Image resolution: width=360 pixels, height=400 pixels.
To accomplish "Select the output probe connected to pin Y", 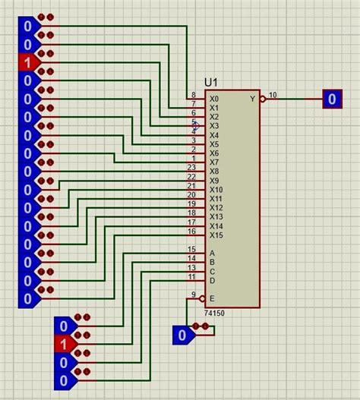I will click(332, 99).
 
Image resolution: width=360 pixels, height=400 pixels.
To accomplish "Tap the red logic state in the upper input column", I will click(27, 62).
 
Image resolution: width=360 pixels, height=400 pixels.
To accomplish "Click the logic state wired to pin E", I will click(182, 335).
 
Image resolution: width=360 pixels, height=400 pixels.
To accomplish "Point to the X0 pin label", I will click(214, 99).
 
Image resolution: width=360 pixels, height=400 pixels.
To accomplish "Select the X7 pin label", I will click(214, 162).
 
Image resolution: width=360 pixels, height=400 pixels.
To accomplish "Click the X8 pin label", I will click(214, 172).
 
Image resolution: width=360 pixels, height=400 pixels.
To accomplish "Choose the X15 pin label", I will click(216, 235).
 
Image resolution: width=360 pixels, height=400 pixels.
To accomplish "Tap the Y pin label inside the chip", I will click(253, 99).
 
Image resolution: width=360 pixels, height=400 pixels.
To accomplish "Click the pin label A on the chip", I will click(212, 254).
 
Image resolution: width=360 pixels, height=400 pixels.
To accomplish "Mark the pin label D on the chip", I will click(212, 281).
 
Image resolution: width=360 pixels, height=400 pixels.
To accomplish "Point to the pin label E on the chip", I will click(212, 298).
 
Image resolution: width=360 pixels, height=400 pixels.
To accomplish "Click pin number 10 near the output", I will click(273, 94).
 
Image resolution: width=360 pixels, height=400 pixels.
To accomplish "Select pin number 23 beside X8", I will click(191, 167).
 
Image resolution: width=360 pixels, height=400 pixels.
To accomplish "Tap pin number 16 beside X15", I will click(191, 231).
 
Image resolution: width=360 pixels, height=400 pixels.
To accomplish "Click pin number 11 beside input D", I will click(191, 276).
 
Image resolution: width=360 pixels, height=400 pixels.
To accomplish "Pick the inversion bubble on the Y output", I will click(263, 99).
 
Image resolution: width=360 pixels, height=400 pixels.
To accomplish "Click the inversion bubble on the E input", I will click(201, 298).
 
